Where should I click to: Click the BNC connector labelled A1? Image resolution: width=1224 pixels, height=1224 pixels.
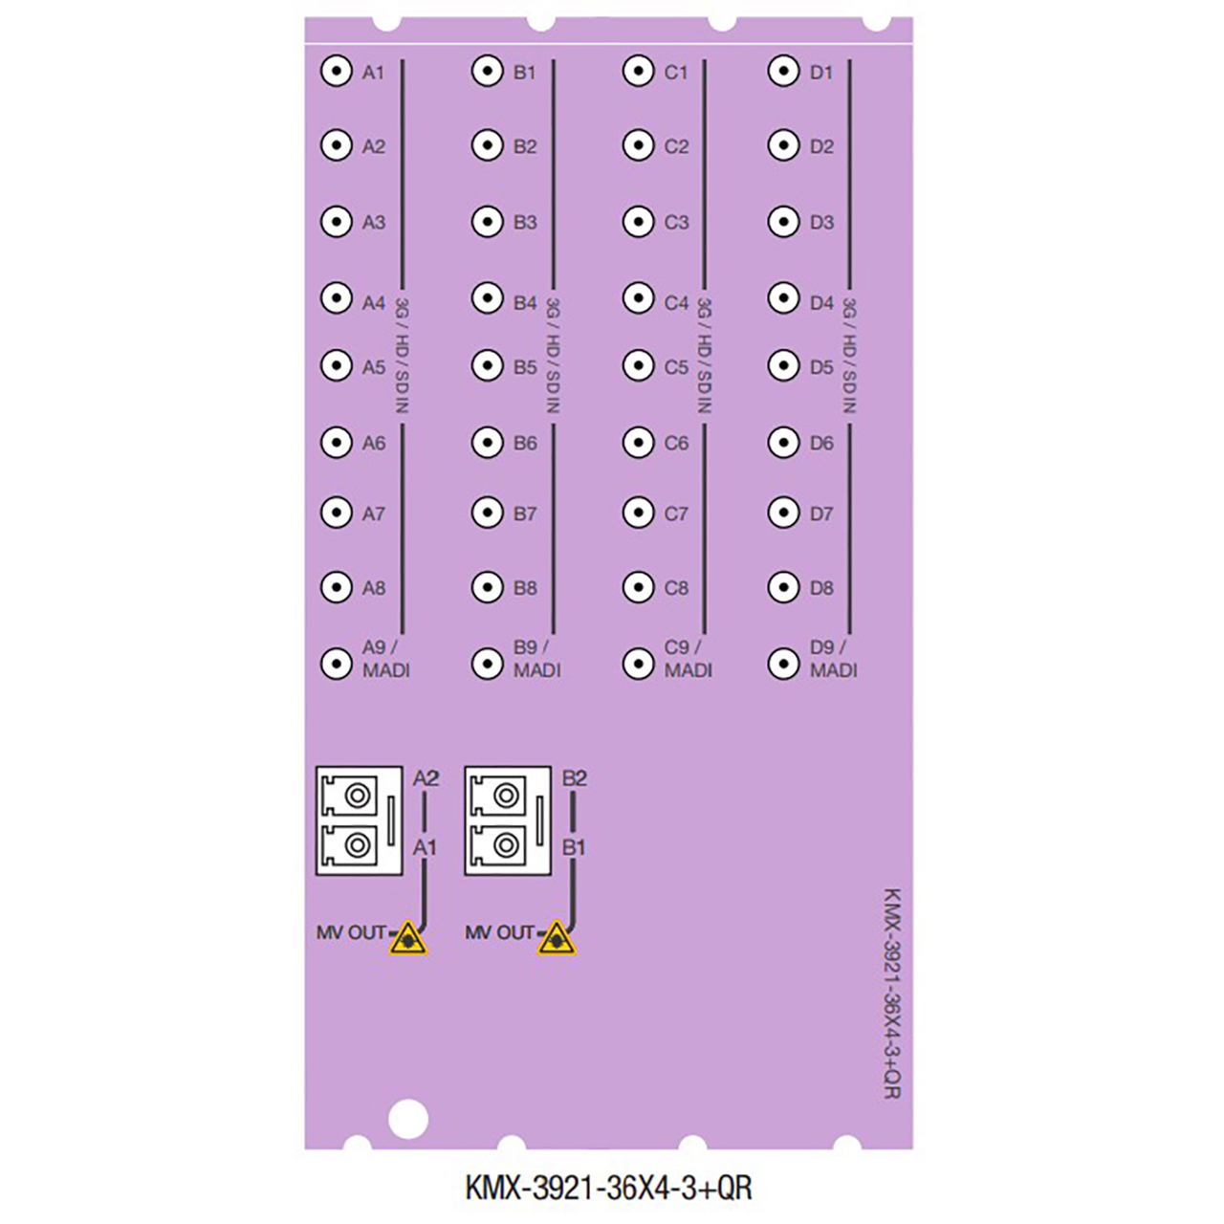tap(336, 71)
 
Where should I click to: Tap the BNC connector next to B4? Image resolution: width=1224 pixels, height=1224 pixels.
tap(487, 298)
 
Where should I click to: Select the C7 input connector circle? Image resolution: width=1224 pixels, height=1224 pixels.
tap(638, 513)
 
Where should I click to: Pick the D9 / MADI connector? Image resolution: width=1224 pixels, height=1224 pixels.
tap(783, 663)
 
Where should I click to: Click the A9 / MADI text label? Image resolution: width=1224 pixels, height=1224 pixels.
tap(385, 659)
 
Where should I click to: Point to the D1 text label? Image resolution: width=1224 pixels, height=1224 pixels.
tap(821, 73)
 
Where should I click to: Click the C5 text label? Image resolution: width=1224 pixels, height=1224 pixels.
tap(676, 367)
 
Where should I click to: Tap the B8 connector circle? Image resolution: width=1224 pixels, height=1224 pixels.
tap(487, 587)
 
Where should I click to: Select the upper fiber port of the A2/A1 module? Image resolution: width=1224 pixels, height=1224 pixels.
tap(358, 795)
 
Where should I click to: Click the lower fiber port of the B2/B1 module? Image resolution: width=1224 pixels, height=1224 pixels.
tap(506, 845)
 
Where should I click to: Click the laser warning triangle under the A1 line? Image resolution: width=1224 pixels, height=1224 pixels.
tap(408, 938)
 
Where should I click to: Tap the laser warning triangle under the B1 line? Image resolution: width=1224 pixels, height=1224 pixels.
tap(557, 938)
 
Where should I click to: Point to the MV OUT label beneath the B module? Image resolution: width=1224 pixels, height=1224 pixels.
tap(499, 932)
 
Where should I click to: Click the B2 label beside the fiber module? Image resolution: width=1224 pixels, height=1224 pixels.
tap(574, 778)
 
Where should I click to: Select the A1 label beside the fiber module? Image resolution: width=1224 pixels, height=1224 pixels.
tap(425, 847)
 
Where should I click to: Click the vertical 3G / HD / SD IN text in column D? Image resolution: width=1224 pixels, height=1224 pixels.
tap(849, 356)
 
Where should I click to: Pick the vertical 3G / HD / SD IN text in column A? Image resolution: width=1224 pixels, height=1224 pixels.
tap(403, 356)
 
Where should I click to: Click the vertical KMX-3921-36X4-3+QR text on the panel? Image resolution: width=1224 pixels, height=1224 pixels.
tap(891, 994)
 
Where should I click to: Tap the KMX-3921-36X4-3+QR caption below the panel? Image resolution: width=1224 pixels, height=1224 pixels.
tap(609, 1188)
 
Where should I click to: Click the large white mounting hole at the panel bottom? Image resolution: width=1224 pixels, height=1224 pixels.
tap(408, 1119)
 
